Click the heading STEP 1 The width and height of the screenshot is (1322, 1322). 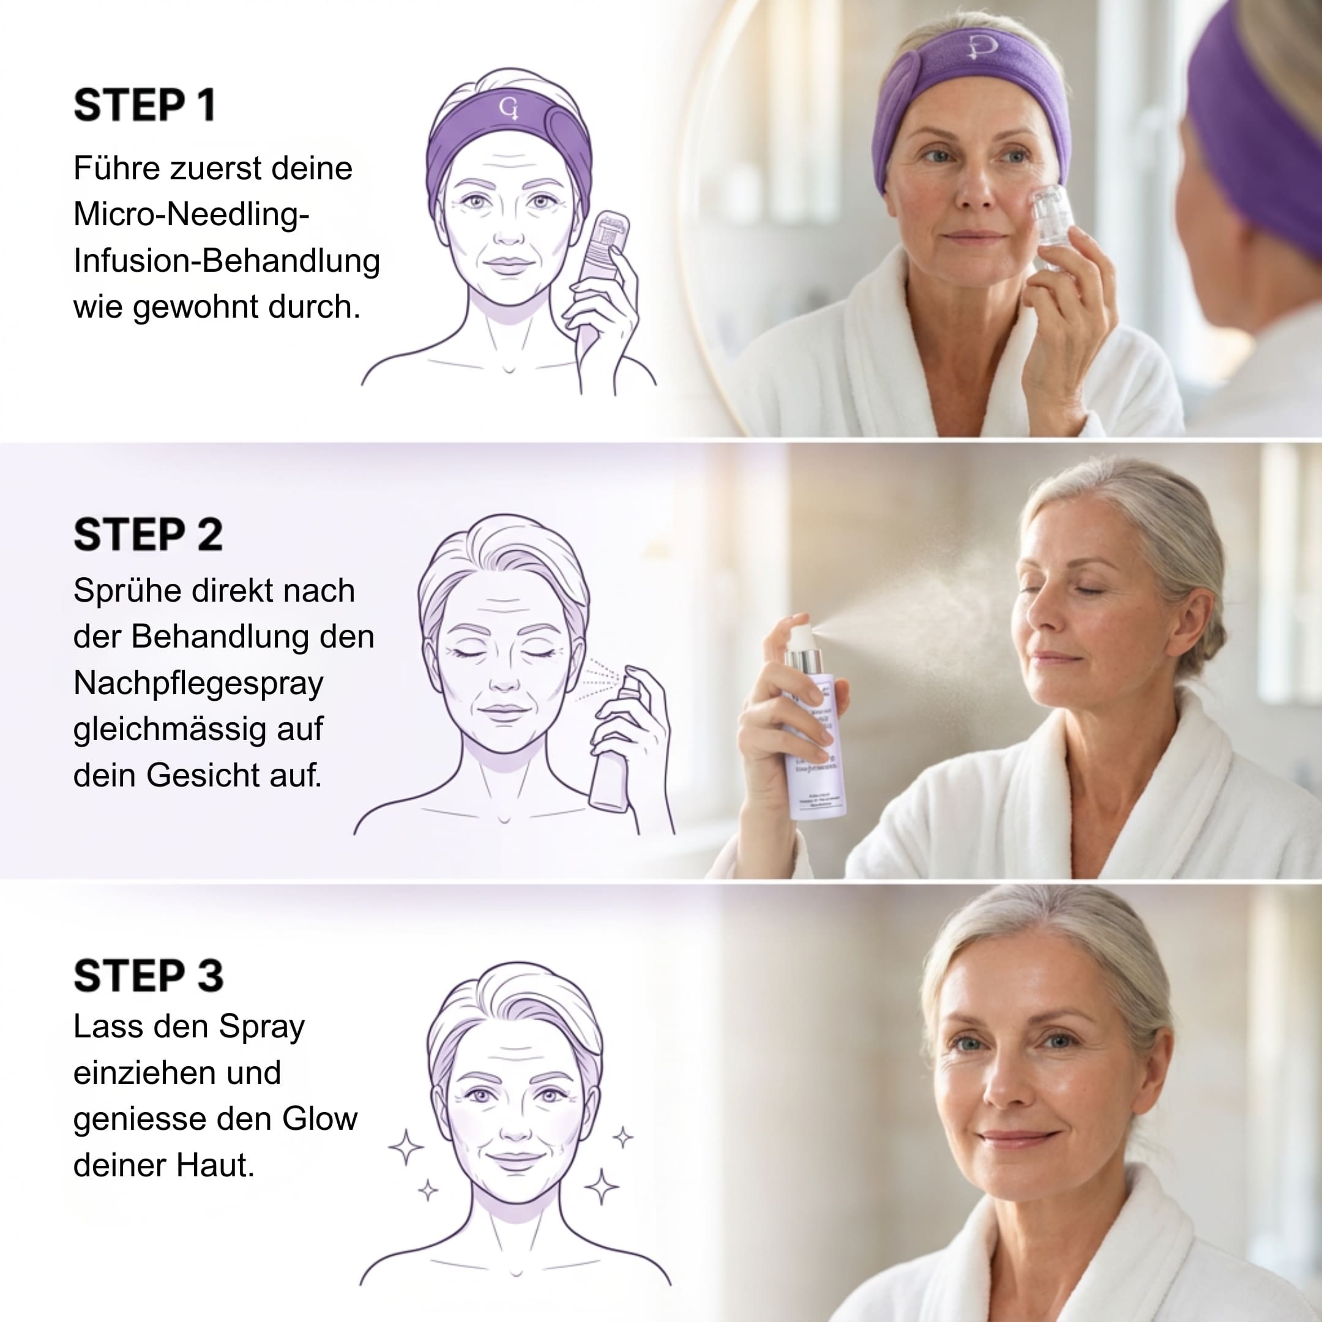[144, 105]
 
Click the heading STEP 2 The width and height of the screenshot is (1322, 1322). [148, 534]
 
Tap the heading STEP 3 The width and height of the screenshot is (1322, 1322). [148, 976]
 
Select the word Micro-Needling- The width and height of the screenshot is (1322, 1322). [192, 215]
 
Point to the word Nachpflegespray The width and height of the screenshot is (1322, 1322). [198, 684]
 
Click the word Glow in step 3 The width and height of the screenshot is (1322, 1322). [319, 1119]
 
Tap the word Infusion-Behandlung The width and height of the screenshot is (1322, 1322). [226, 261]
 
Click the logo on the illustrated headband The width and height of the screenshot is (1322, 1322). [509, 108]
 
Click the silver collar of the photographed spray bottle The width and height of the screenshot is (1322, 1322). [804, 662]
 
